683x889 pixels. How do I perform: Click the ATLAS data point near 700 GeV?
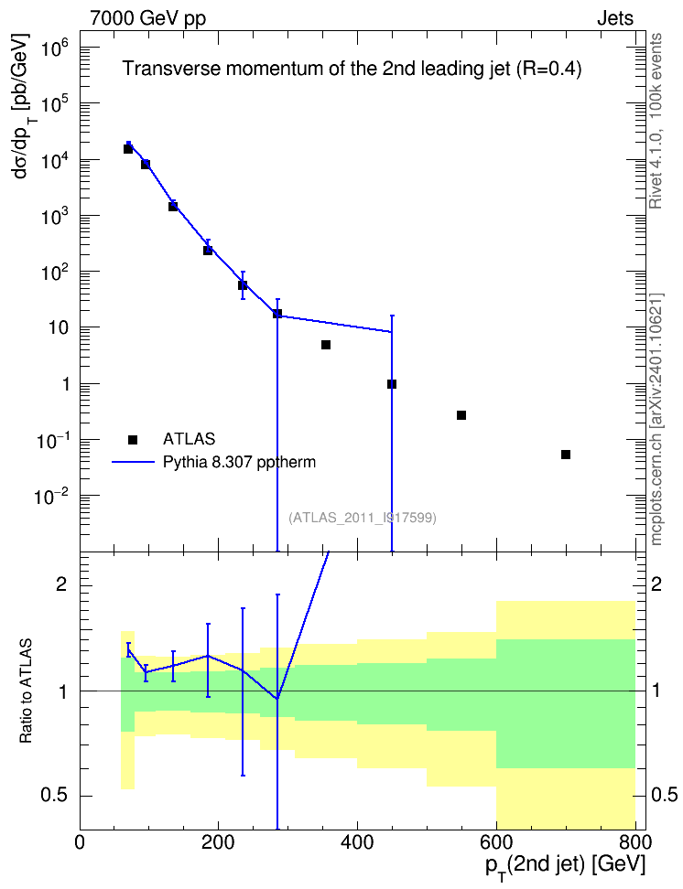[x=566, y=455]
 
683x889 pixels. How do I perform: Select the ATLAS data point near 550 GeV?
[x=461, y=415]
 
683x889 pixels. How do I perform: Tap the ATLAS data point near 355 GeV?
[x=326, y=345]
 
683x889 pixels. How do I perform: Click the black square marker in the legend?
[x=133, y=439]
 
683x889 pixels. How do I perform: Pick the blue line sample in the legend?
[x=133, y=463]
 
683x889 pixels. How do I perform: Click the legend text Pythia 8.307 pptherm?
[x=239, y=463]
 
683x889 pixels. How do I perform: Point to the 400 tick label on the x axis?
[x=357, y=842]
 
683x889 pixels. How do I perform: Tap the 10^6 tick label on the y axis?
[x=55, y=50]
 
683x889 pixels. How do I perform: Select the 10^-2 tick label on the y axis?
[x=51, y=498]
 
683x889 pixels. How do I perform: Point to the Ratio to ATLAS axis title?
[x=26, y=691]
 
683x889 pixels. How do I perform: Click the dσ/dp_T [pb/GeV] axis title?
[x=25, y=105]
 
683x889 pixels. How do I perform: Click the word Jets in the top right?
[x=615, y=18]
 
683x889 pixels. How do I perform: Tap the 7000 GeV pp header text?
[x=147, y=18]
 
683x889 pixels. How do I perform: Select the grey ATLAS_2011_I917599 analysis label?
[x=363, y=518]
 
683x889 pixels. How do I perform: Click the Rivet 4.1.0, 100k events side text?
[x=656, y=121]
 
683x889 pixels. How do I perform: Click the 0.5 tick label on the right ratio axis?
[x=665, y=795]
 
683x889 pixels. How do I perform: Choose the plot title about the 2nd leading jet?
[x=352, y=70]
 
